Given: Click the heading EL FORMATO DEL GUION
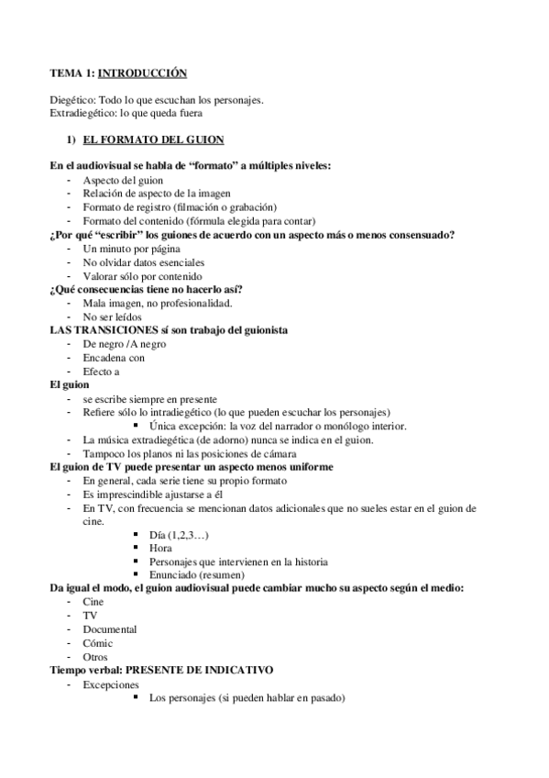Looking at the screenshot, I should click(x=153, y=139).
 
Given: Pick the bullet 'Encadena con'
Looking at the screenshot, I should click(x=114, y=358).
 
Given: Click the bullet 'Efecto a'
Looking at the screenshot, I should click(x=101, y=372).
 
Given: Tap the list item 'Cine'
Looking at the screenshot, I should click(x=93, y=602).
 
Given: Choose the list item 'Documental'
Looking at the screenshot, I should click(x=110, y=629).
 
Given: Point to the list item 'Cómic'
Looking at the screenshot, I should click(x=97, y=643).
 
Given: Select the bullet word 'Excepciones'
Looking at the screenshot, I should click(x=111, y=684).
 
